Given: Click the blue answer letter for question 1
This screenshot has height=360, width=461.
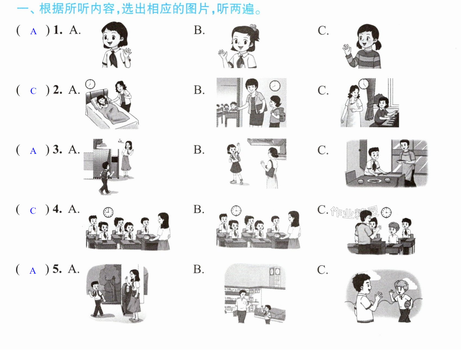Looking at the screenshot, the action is [x=33, y=32].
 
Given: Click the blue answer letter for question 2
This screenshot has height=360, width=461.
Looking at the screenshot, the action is [x=33, y=91].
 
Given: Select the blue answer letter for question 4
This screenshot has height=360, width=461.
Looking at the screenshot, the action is [x=33, y=211].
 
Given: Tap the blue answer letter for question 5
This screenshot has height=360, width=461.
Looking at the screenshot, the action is [x=33, y=271].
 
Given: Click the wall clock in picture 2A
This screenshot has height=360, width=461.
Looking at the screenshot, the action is [x=90, y=84].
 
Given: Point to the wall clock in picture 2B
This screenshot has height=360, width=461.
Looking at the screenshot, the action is [x=275, y=86].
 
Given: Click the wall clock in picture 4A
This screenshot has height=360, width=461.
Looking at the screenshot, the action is [x=108, y=212].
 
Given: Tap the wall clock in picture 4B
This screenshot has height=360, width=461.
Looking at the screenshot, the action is [x=236, y=211].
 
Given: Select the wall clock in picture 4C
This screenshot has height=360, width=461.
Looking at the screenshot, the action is [x=386, y=212].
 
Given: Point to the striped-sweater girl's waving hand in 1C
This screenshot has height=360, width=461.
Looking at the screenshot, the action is [x=347, y=50].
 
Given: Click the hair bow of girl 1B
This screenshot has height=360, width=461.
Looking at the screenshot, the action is [x=253, y=27].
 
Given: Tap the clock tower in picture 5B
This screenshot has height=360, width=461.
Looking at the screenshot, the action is [x=274, y=277].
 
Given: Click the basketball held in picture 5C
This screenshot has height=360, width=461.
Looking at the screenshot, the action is [x=408, y=304].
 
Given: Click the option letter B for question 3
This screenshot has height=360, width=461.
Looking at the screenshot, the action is [x=199, y=150].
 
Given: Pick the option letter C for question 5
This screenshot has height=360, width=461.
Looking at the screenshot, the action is [x=322, y=270].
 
